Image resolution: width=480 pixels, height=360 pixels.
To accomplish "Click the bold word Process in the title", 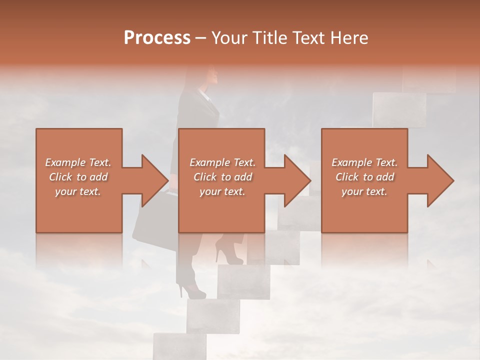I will pyautogui.click(x=157, y=38).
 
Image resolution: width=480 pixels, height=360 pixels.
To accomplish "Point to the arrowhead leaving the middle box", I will pyautogui.click(x=296, y=180).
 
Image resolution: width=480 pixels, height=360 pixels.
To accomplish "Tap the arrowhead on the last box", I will pyautogui.click(x=438, y=180).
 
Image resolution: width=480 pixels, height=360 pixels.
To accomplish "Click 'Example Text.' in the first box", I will pyautogui.click(x=78, y=162).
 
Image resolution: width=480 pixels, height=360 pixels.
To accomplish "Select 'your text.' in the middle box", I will pyautogui.click(x=222, y=191).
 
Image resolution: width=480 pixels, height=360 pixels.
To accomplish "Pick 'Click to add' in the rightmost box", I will pyautogui.click(x=364, y=177).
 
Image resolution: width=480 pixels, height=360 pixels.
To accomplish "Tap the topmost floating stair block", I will pyautogui.click(x=430, y=80).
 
